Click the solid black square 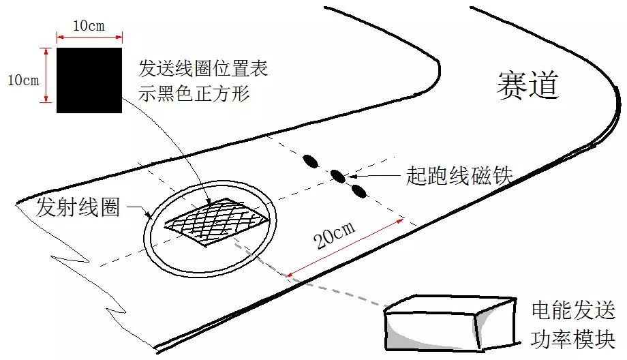(89, 80)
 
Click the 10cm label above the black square (89, 26)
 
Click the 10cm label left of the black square (22, 80)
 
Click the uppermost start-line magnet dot (311, 161)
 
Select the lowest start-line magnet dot (359, 191)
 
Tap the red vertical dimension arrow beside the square (46, 75)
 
